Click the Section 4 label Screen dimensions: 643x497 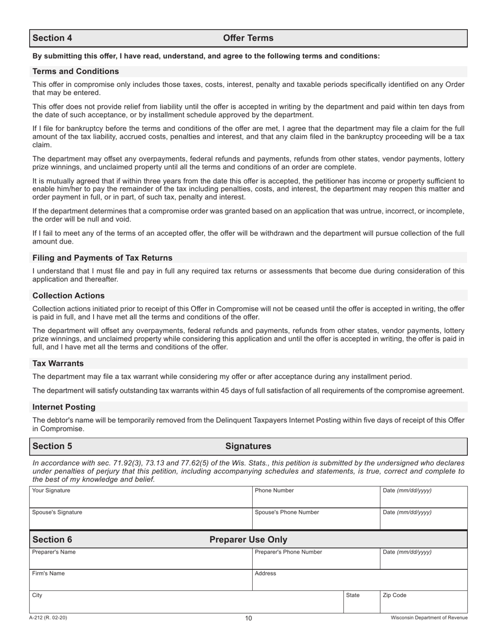pos(52,38)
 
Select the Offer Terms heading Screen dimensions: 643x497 pos(248,38)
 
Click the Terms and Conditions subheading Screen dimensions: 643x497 pos(76,72)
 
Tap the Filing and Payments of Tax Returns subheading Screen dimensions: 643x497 pos(103,258)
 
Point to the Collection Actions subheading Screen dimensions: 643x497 pos(69,296)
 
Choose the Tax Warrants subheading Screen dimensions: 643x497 pos(58,364)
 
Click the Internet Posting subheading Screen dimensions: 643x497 pos(64,407)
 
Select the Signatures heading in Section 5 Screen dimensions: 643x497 pos(248,446)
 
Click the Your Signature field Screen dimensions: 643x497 pos(141,497)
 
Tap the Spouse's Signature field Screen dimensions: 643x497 pos(141,519)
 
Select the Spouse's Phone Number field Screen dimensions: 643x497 pos(315,519)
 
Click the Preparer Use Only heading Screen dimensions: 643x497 pos(248,539)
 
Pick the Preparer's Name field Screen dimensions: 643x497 pos(141,559)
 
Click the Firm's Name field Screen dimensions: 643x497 pos(141,580)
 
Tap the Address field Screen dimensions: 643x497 pos(359,580)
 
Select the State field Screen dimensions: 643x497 pos(361,602)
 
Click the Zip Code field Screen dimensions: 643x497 pos(423,602)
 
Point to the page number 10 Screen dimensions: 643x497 pos(249,618)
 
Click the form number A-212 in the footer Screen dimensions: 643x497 pos(48,618)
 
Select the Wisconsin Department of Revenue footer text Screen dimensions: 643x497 pos(429,618)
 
